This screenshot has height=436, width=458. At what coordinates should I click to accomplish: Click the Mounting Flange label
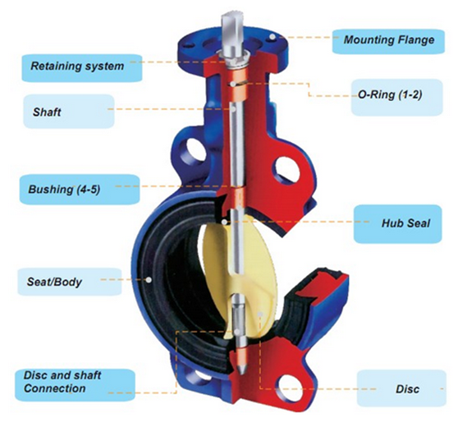pyautogui.click(x=388, y=41)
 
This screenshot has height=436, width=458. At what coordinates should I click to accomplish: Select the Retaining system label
pyautogui.click(x=82, y=68)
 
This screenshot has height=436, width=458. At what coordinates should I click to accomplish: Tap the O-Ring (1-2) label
pyautogui.click(x=397, y=97)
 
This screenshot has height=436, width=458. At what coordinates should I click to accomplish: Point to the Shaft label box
pyautogui.click(x=69, y=112)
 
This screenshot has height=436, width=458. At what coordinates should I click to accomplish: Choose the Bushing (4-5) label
pyautogui.click(x=80, y=190)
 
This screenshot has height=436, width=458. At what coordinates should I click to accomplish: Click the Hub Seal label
pyautogui.click(x=397, y=224)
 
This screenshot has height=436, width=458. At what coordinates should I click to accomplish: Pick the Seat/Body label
pyautogui.click(x=70, y=282)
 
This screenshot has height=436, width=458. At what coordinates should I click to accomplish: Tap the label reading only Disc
pyautogui.click(x=401, y=388)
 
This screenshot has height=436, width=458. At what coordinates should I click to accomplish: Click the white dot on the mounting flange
pyautogui.click(x=273, y=37)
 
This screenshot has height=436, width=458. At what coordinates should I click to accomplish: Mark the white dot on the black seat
pyautogui.click(x=149, y=280)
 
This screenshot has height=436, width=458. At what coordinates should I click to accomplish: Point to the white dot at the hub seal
pyautogui.click(x=224, y=222)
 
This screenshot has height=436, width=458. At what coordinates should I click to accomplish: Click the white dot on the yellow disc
pyautogui.click(x=260, y=314)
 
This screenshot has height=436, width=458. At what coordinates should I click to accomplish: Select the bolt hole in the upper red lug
pyautogui.click(x=288, y=170)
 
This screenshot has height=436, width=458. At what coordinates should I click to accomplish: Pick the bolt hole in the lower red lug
pyautogui.click(x=291, y=388)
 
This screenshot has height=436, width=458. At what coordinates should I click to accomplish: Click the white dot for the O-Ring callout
pyautogui.click(x=233, y=84)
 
